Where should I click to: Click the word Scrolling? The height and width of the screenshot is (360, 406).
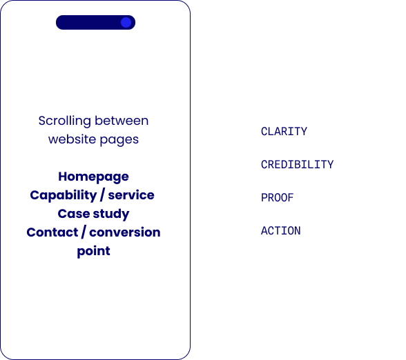(64, 121)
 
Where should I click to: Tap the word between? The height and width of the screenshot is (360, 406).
(122, 121)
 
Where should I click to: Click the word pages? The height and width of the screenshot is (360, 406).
(119, 140)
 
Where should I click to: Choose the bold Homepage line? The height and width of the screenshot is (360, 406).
(93, 177)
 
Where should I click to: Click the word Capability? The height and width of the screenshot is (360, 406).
(64, 196)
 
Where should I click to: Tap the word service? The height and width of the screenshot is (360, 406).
(131, 195)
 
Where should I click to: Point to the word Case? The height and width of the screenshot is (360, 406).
(73, 214)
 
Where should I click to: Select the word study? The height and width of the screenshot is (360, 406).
(111, 214)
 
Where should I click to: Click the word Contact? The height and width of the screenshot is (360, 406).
(52, 232)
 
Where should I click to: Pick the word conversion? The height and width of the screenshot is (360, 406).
(125, 232)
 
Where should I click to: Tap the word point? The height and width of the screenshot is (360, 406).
(93, 251)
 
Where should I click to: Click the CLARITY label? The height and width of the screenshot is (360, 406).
(284, 131)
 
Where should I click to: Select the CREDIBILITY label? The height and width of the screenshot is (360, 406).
(297, 164)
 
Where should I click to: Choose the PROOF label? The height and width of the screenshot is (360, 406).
(278, 197)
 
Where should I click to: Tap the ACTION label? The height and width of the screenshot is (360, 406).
(280, 230)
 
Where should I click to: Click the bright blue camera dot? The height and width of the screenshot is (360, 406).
(126, 23)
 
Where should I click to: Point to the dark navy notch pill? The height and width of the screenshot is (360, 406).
(95, 22)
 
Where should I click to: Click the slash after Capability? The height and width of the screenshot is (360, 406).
(102, 195)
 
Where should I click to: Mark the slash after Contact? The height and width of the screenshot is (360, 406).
(84, 232)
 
